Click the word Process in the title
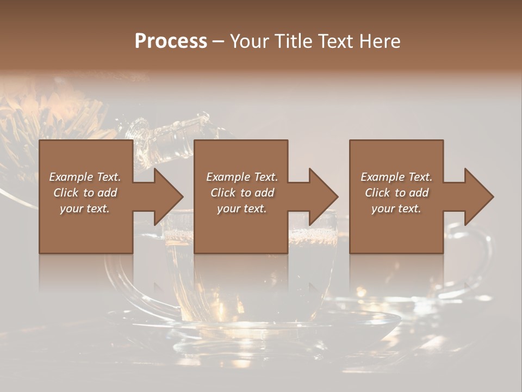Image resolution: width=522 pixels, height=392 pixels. click(x=171, y=41)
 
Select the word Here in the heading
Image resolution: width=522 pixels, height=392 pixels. click(x=380, y=41)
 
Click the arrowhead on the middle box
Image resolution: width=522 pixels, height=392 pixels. click(x=322, y=197)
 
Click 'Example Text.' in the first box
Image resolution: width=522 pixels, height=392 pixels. click(x=85, y=177)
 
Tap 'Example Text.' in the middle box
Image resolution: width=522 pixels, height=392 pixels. click(x=242, y=177)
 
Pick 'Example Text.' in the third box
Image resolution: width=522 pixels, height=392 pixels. click(x=396, y=177)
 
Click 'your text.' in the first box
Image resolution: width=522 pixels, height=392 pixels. click(x=85, y=209)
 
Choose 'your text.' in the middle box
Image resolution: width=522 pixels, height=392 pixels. click(x=242, y=209)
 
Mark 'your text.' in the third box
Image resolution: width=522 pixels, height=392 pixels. click(x=396, y=209)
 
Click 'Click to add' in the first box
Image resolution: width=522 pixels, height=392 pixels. click(x=85, y=193)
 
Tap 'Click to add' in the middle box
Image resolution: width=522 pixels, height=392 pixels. click(x=242, y=193)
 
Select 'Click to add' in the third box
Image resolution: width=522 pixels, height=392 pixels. click(x=396, y=193)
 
